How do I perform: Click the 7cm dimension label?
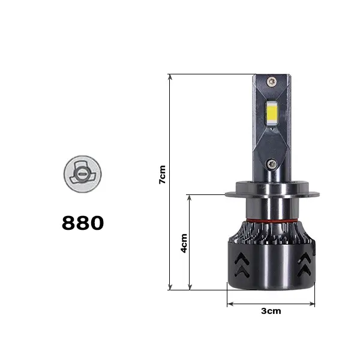pos(162,175)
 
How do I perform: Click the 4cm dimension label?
pos(184,244)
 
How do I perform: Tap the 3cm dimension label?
pos(271,311)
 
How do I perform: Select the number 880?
pos(83,223)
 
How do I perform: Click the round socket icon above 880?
pos(82,174)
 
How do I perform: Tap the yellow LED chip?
pos(272,113)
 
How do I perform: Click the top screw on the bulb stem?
pos(272,82)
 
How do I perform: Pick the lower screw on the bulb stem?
pos(272,164)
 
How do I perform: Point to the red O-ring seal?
pos(272,221)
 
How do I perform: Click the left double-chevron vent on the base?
pos(242,265)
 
